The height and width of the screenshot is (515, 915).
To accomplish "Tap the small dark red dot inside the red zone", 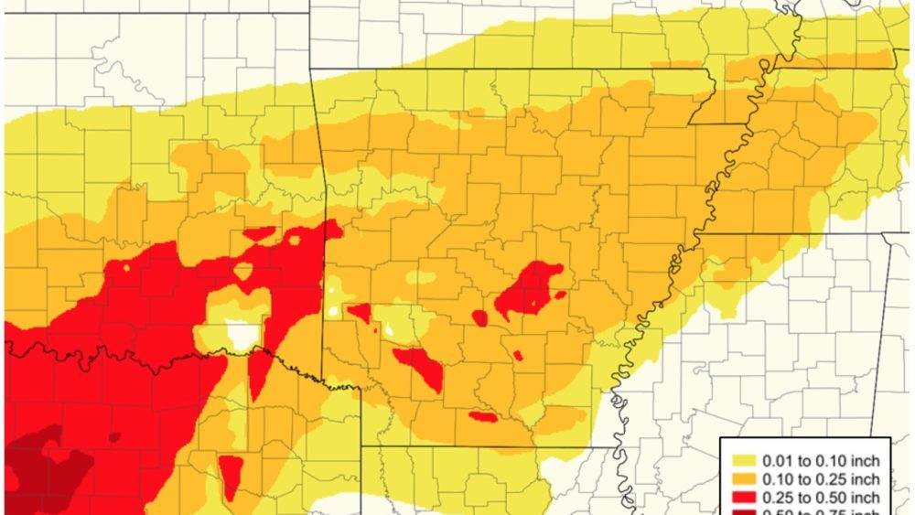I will [113, 436].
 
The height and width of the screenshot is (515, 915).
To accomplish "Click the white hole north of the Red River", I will [241, 335].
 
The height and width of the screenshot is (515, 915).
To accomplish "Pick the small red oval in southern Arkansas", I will [483, 417].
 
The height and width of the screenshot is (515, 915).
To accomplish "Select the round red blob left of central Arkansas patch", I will [479, 317].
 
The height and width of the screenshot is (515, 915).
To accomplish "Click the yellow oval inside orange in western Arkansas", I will [421, 277].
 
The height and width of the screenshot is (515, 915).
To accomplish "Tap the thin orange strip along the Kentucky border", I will [823, 61].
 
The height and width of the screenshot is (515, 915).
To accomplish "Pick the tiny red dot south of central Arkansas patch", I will [518, 354].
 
